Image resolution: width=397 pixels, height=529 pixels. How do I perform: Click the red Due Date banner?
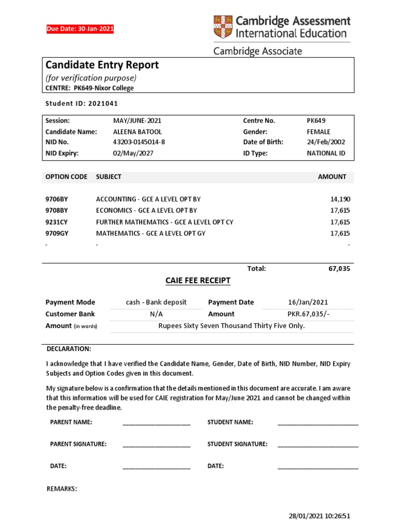(80, 29)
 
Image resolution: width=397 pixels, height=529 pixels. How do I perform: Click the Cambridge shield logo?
(223, 27)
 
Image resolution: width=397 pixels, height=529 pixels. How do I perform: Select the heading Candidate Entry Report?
(102, 65)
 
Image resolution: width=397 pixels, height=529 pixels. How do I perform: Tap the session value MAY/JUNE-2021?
(133, 120)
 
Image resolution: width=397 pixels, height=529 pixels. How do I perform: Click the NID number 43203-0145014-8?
(139, 142)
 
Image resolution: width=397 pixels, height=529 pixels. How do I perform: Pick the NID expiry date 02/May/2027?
(133, 153)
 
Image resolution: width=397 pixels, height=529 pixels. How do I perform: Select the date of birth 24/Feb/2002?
(326, 142)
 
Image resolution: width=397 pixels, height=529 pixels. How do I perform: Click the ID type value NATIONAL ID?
(326, 153)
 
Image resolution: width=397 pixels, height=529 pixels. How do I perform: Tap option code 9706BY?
(57, 199)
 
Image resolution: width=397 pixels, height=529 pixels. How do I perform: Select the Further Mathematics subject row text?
(164, 222)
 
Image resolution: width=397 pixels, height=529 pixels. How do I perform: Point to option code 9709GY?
(57, 234)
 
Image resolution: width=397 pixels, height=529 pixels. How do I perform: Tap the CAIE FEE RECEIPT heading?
(197, 281)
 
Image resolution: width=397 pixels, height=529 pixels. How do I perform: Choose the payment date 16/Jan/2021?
(308, 302)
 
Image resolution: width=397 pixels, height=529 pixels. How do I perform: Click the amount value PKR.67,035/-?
(308, 314)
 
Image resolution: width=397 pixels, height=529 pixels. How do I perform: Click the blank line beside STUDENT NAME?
(318, 424)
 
